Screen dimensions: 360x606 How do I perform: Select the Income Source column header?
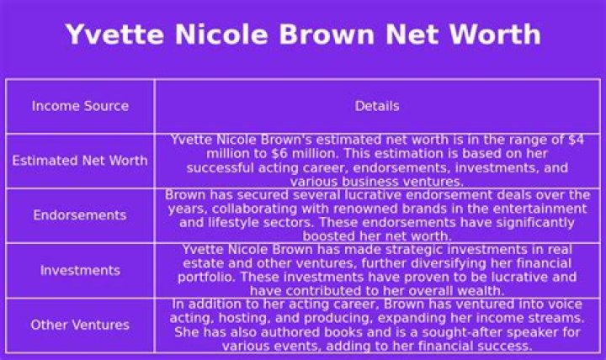(80, 106)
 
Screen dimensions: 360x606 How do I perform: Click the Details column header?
(376, 106)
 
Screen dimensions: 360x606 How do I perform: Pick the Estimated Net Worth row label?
(80, 161)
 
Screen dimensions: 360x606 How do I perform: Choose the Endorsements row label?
(80, 215)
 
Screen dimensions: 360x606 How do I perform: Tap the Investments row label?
(80, 270)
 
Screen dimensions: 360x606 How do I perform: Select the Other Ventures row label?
(80, 325)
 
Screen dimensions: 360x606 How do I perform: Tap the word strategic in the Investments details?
(410, 250)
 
